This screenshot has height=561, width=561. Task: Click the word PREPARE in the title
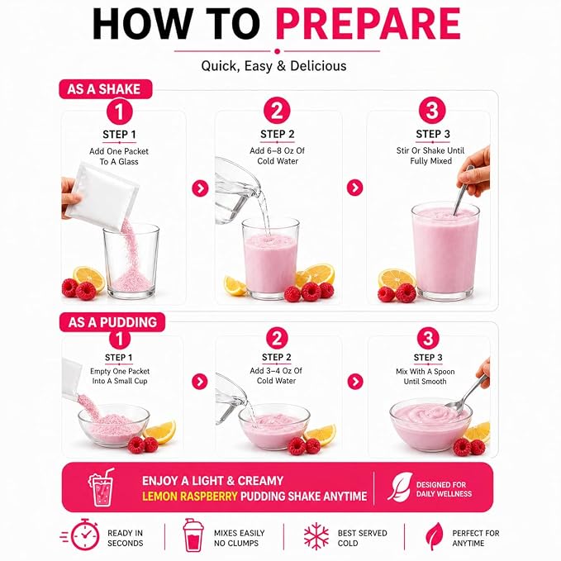click(368, 24)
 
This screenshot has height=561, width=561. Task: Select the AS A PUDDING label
click(112, 322)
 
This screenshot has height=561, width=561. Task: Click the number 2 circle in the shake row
click(277, 111)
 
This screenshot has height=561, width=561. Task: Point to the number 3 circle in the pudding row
click(428, 338)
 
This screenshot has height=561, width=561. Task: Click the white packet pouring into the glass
click(102, 196)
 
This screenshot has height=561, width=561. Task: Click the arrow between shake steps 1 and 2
click(200, 188)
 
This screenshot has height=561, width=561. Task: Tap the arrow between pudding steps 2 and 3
click(355, 382)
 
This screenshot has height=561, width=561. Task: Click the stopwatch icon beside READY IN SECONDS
click(83, 535)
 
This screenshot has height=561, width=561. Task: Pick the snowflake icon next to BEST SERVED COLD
click(316, 536)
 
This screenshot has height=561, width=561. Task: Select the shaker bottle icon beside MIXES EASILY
click(193, 535)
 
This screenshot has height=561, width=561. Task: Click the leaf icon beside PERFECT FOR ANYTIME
click(434, 535)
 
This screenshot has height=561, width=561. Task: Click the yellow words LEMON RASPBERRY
click(190, 497)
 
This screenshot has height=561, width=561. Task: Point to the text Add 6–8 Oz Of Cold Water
click(278, 155)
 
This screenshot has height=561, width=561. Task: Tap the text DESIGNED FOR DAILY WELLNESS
click(444, 489)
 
